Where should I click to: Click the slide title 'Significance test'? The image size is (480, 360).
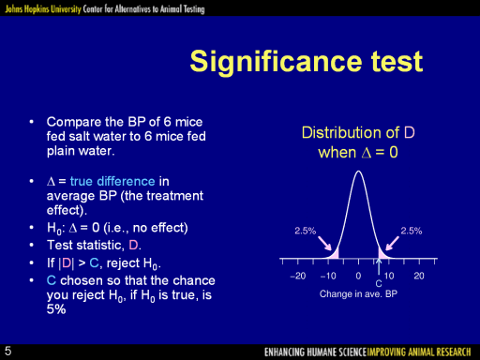pyautogui.click(x=307, y=62)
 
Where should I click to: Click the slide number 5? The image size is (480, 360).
pyautogui.click(x=7, y=351)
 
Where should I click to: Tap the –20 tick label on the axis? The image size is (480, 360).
pyautogui.click(x=298, y=276)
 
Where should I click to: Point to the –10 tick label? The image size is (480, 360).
pyautogui.click(x=328, y=276)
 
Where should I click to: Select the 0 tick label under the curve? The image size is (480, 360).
pyautogui.click(x=358, y=276)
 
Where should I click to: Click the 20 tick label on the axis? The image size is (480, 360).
pyautogui.click(x=419, y=276)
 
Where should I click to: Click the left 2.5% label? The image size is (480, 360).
pyautogui.click(x=306, y=231)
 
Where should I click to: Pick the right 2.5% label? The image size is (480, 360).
pyautogui.click(x=412, y=231)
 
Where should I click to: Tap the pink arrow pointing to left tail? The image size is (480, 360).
pyautogui.click(x=325, y=243)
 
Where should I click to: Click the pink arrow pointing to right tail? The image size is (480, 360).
pyautogui.click(x=392, y=243)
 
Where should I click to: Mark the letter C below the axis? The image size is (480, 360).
pyautogui.click(x=379, y=284)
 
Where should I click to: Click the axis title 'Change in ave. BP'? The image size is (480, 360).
pyautogui.click(x=358, y=294)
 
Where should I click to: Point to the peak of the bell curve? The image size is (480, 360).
pyautogui.click(x=358, y=171)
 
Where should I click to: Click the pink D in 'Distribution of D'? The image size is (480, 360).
pyautogui.click(x=410, y=133)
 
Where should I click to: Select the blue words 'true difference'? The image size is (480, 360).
pyautogui.click(x=112, y=181)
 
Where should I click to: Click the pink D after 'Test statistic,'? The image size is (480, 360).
pyautogui.click(x=133, y=246)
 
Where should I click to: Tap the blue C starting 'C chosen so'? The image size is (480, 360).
pyautogui.click(x=52, y=280)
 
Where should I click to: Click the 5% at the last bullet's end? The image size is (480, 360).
pyautogui.click(x=56, y=309)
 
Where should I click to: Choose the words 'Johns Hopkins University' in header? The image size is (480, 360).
pyautogui.click(x=43, y=9)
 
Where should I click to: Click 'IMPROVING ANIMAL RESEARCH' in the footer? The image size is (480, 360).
pyautogui.click(x=419, y=352)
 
